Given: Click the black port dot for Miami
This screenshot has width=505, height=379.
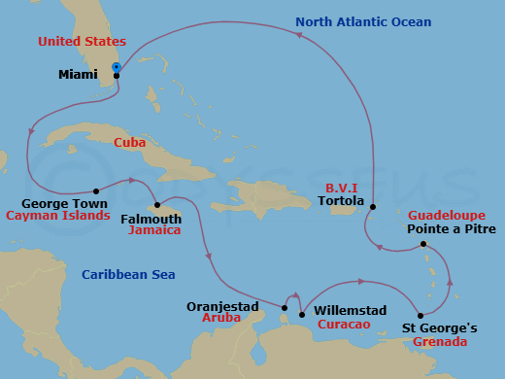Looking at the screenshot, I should coord(117,76).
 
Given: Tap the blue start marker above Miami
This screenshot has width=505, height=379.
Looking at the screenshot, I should coord(117,67).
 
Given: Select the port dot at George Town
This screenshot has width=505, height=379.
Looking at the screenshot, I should coord(96,191).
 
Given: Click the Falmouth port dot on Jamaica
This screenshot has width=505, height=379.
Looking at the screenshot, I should coord(157,205).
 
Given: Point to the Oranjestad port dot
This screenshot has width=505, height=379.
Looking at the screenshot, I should coord(284,309).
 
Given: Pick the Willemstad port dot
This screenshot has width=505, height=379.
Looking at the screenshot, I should coord(302,315).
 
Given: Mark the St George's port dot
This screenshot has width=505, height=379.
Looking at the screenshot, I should coord(420,316).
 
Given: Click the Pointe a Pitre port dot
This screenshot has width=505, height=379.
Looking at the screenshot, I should coord(423,244).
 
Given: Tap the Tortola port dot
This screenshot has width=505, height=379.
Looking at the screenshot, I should coord(372,207).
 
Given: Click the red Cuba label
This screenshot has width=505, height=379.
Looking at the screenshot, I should coord(129,142).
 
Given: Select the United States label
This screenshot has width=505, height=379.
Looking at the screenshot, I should coord(82,42).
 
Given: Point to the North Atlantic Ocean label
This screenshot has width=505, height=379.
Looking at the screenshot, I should coord(363,22).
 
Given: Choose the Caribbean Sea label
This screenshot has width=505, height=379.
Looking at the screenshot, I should coord(128,275).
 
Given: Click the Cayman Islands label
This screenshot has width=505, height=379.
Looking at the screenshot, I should coord(57,216).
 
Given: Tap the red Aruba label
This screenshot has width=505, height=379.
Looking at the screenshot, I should coord(221,318).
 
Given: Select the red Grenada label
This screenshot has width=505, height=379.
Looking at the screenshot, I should coord(440,342).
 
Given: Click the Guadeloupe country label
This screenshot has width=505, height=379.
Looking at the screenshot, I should coord(452,215).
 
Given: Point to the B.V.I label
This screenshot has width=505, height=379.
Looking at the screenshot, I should coord(342,189).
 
